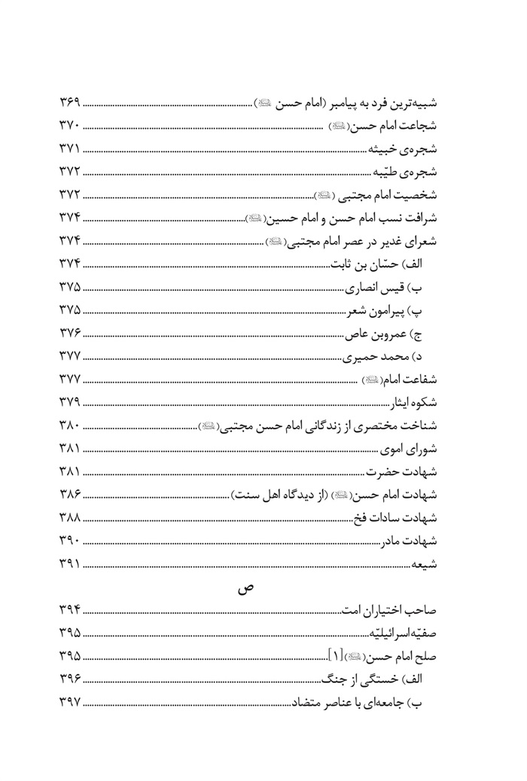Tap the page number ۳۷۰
[x=69, y=125]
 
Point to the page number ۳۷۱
[x=69, y=148]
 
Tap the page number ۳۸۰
[x=69, y=426]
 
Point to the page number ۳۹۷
[x=69, y=706]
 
